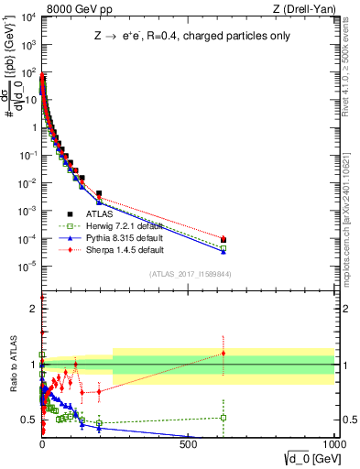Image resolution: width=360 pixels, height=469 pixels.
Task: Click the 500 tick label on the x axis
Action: (x=189, y=446)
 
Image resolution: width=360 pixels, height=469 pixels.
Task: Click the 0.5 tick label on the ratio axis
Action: (x=28, y=420)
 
